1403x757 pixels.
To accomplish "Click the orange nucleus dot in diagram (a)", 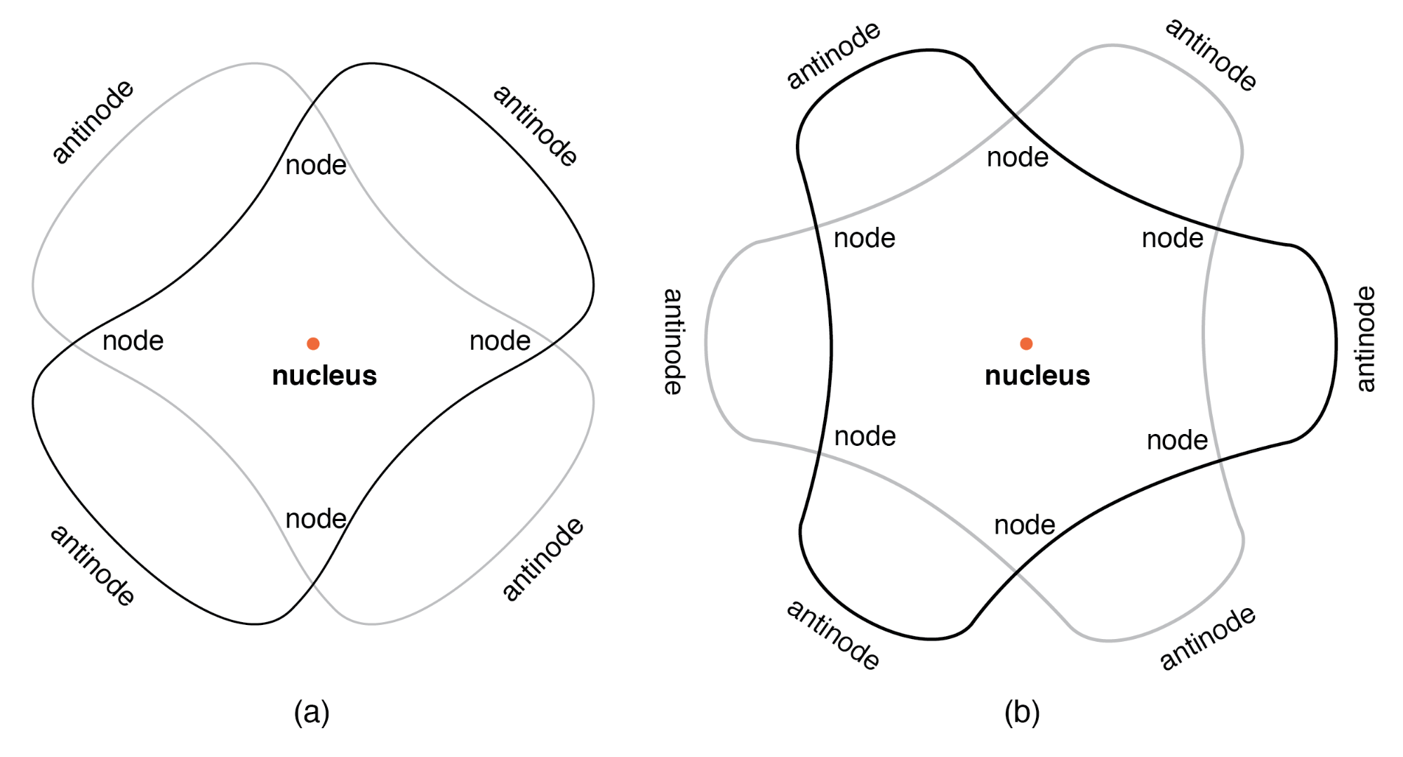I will [313, 343].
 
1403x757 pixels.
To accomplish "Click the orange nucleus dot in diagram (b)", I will [1026, 343].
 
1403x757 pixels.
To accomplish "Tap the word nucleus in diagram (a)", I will [324, 376].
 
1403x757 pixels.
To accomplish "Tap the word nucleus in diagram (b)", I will [1037, 376].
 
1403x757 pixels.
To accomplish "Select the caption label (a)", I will [312, 712].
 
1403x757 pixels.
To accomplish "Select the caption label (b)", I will [1022, 712].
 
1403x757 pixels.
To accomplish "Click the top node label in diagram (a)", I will [316, 166].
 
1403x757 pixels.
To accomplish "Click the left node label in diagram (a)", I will [133, 341].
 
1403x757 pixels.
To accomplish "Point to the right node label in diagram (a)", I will [500, 341].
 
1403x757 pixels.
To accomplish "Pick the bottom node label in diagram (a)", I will [316, 520].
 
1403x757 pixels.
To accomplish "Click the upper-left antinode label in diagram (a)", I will [93, 121].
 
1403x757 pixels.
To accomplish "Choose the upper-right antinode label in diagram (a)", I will [536, 125].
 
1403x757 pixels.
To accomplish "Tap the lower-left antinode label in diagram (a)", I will [93, 565].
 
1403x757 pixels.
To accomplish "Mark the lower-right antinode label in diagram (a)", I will [543, 559].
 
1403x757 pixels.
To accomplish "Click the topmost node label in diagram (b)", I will [1017, 158].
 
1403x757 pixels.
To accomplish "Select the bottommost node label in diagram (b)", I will [1025, 525].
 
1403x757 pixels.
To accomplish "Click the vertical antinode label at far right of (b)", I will [1365, 338].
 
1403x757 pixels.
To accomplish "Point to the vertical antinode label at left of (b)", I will [673, 341].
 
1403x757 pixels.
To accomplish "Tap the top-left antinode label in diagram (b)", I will [833, 55].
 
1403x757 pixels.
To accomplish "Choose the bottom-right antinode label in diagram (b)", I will [1207, 638].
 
